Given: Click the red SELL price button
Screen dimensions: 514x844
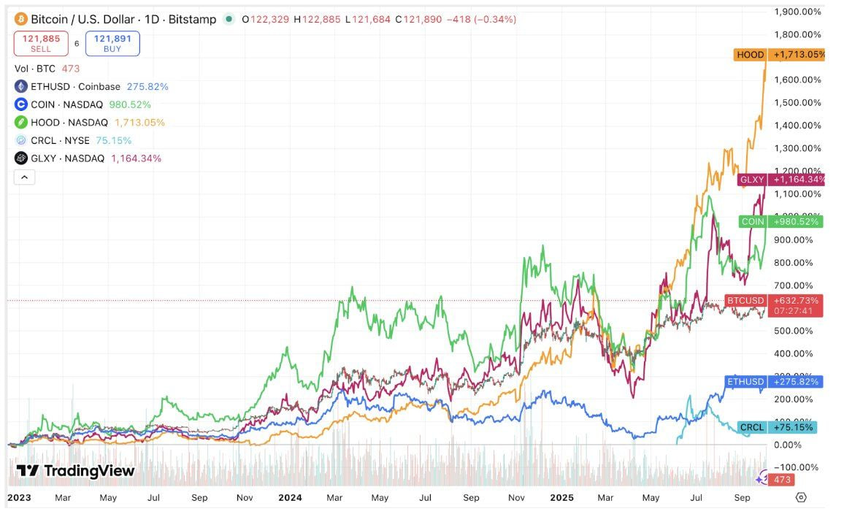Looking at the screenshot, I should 41,44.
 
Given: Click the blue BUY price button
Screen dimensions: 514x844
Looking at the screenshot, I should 112,44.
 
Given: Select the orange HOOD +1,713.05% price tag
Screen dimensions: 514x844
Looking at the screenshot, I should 780,55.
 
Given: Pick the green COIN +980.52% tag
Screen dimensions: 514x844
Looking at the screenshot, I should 780,221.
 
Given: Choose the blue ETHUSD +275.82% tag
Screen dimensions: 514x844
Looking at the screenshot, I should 774,381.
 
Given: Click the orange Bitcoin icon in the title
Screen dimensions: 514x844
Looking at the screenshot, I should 21,19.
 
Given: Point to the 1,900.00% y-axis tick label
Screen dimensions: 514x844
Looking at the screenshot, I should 797,12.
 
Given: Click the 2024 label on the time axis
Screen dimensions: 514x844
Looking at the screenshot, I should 290,498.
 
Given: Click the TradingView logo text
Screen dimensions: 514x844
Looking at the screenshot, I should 76,471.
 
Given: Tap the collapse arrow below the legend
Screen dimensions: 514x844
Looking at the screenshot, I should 24,177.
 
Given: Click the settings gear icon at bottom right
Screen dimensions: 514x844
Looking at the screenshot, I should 801,497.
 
